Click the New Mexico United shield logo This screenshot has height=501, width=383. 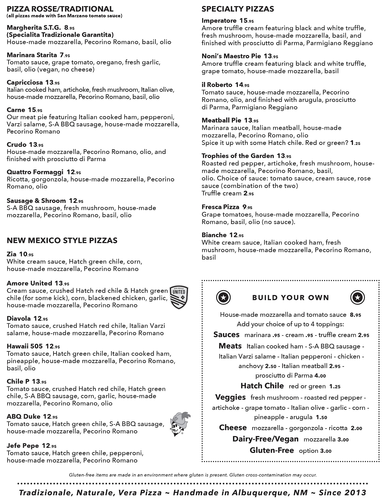pos(179,298)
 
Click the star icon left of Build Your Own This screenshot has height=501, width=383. pos(223,297)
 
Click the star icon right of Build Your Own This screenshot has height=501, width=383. pos(357,297)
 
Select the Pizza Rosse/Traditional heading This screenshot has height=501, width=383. pos(60,9)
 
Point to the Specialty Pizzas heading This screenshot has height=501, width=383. pos(238,9)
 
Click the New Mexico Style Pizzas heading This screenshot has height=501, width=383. pos(62,240)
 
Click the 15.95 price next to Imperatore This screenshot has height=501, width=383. pos(247,21)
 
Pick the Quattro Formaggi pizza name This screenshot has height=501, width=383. pos(35,172)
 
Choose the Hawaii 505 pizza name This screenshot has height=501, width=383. pos(25,346)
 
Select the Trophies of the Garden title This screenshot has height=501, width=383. pos(238,156)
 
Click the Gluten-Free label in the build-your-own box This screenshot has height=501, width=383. pos(272,450)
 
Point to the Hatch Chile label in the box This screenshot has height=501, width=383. pos(262,386)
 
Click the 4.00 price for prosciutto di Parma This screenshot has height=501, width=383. pos(320,376)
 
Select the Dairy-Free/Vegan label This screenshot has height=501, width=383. pos(265,439)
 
